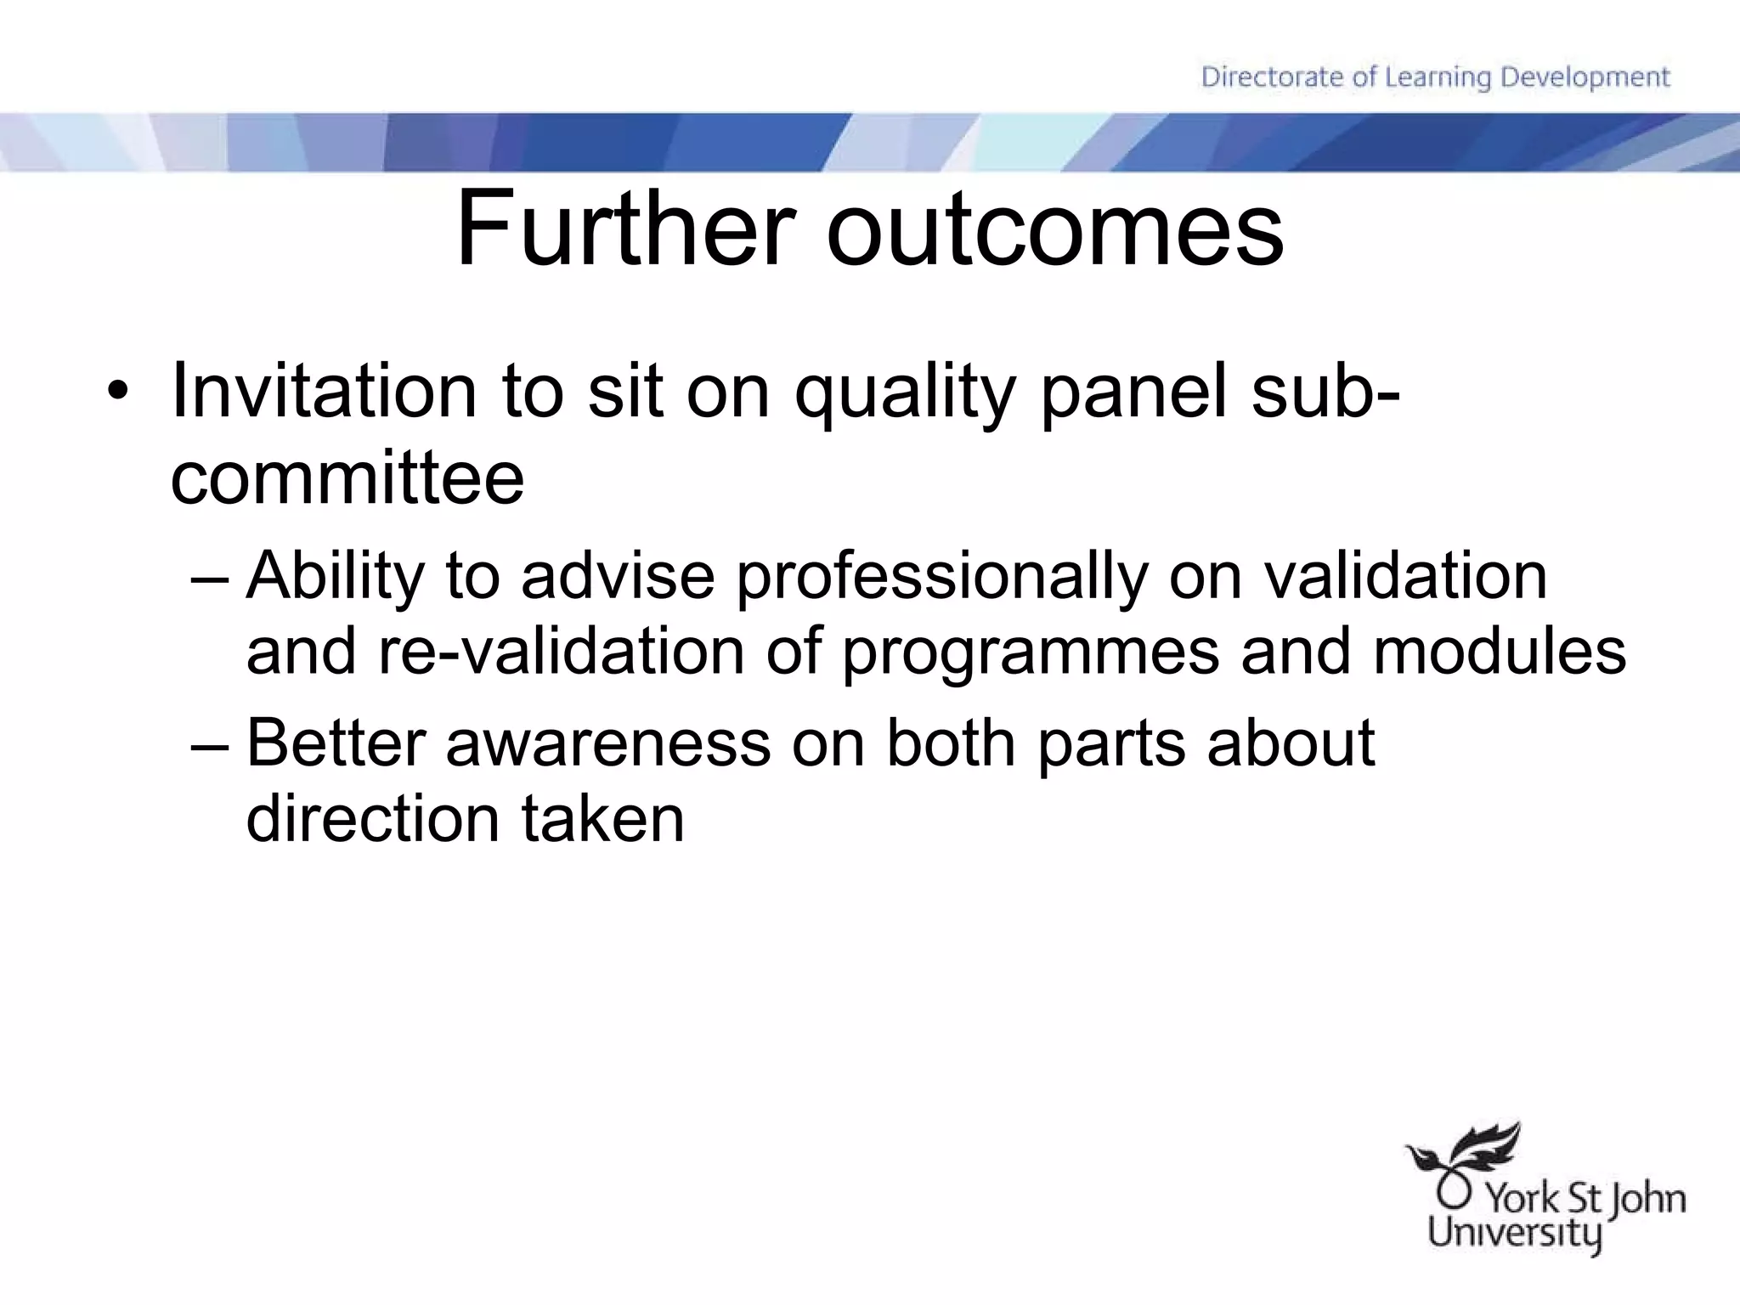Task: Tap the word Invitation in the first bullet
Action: [x=323, y=392]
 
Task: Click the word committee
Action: [x=347, y=477]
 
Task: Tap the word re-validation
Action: [x=561, y=652]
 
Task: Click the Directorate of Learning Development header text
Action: [x=1435, y=77]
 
